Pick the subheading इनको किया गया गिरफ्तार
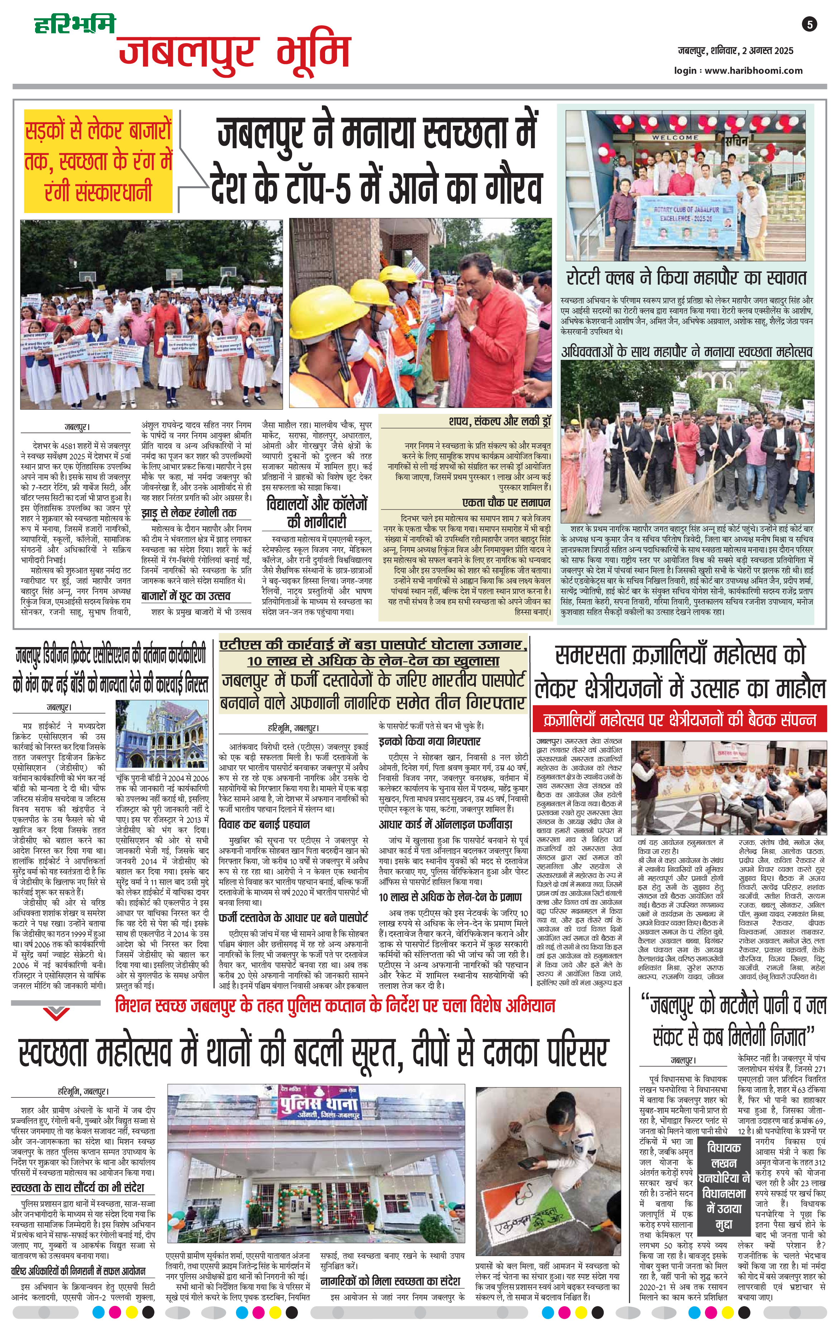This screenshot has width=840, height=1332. click(430, 741)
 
